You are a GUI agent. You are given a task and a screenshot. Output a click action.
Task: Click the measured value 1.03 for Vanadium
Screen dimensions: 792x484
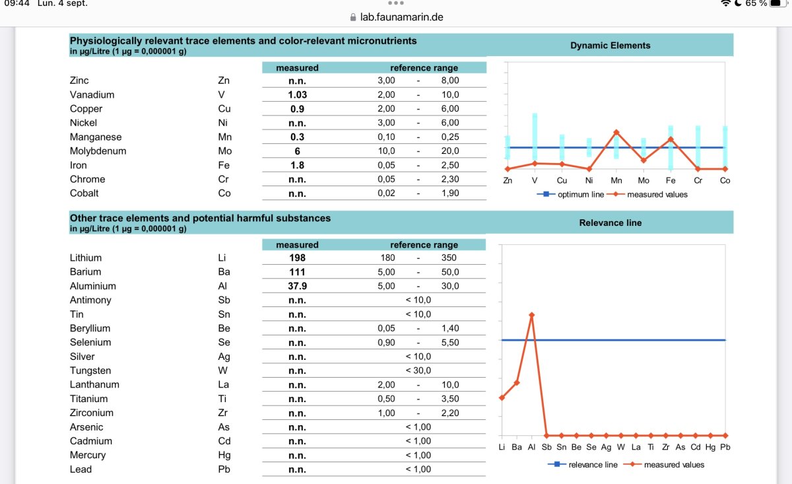298,95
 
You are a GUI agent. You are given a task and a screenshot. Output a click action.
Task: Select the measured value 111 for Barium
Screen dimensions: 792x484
297,272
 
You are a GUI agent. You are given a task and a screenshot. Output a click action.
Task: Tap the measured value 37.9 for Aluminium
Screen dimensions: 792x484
298,286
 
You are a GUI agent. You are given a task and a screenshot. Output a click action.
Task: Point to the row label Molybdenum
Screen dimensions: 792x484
98,151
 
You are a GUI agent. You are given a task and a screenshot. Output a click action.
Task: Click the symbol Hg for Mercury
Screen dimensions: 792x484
224,456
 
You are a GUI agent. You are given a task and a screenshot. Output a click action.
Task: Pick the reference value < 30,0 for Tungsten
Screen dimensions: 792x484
418,370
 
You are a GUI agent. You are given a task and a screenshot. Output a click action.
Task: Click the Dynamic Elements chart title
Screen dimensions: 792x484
610,46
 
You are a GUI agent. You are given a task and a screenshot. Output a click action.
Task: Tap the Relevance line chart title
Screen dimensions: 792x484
610,223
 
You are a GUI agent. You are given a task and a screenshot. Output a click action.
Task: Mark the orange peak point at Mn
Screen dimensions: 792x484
616,132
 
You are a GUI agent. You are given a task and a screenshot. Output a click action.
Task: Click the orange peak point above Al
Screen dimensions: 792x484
531,314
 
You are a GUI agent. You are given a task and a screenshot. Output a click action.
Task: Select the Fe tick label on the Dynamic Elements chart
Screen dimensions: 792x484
671,180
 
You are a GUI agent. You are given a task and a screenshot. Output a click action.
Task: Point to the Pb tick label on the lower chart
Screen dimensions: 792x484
725,447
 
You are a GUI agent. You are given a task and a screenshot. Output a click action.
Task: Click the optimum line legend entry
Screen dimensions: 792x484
570,194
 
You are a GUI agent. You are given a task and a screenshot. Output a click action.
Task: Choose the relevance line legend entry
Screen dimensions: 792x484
583,465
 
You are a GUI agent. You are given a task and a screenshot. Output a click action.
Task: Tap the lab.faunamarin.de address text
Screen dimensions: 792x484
402,17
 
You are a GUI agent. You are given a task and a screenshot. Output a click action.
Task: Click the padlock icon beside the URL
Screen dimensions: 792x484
353,17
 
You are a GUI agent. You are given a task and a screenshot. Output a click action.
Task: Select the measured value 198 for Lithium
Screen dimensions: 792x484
297,258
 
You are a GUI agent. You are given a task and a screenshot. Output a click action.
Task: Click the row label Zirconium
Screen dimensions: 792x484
92,413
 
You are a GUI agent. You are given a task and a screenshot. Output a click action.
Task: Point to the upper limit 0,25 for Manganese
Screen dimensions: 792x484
449,137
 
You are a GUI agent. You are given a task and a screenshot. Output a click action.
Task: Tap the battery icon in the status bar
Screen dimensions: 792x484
777,3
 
